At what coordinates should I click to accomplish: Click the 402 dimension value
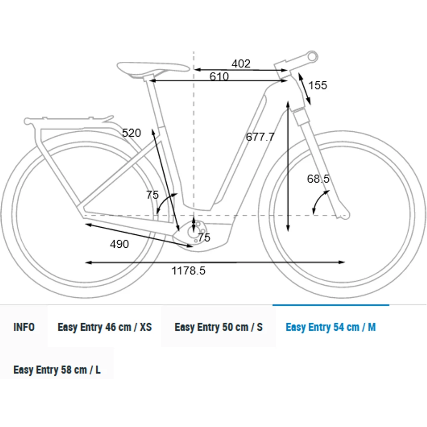click(x=241, y=64)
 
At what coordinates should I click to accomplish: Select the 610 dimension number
click(x=219, y=76)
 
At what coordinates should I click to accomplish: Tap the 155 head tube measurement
click(x=317, y=85)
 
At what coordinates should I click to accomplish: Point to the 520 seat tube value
click(x=131, y=133)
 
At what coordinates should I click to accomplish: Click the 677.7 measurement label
click(x=260, y=137)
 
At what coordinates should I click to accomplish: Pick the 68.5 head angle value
click(x=318, y=179)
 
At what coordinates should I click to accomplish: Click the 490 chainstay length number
click(x=120, y=244)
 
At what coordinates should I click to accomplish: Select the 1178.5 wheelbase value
click(x=188, y=271)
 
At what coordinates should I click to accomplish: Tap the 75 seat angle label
click(x=153, y=195)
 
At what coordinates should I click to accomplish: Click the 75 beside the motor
click(x=204, y=237)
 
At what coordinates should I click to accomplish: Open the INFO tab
click(x=24, y=327)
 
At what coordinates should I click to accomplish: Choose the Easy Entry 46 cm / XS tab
click(x=105, y=327)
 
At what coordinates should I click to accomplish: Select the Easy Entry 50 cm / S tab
click(x=219, y=327)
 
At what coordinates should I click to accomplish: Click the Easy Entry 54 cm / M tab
click(x=331, y=327)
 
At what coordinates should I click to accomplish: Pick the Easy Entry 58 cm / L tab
click(x=57, y=370)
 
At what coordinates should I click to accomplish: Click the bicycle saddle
click(x=153, y=69)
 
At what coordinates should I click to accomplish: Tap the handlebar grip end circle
click(x=312, y=56)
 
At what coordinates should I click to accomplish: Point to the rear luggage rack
click(x=68, y=120)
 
